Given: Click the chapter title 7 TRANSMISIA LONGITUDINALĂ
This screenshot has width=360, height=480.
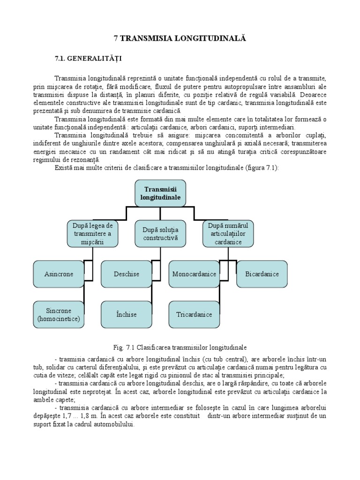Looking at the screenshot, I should [x=180, y=38].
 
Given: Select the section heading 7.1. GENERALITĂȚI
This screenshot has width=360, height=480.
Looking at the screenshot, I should [x=88, y=58].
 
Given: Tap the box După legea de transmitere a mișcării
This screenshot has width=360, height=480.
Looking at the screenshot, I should [x=92, y=233].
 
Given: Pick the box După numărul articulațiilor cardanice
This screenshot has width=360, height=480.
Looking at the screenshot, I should [x=228, y=233].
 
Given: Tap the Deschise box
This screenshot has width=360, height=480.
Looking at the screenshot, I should [x=126, y=274].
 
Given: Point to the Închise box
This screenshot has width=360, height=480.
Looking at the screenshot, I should [x=126, y=315].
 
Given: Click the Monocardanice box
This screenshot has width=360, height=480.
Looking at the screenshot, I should [x=194, y=274].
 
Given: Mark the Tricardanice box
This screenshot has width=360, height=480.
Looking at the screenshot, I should [x=194, y=315].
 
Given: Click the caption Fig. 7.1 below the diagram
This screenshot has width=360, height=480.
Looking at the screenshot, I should [x=180, y=347].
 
